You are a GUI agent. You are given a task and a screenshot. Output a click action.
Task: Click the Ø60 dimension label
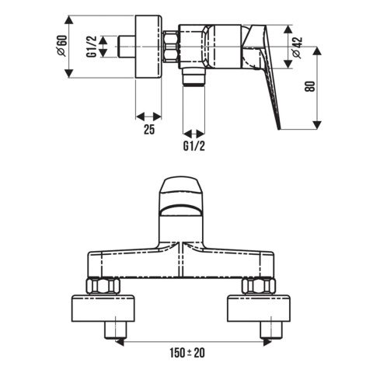62,45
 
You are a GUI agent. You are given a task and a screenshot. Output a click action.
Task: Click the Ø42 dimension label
297,47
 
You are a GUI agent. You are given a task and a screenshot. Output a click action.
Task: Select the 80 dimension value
310,86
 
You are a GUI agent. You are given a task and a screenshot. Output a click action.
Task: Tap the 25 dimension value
149,129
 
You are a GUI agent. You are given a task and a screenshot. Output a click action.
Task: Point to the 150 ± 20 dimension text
187,353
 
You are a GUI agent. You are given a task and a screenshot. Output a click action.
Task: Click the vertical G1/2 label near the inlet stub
92,47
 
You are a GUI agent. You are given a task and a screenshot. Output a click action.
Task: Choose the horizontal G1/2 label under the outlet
194,146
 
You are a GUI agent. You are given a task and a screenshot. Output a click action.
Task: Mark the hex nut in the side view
171,47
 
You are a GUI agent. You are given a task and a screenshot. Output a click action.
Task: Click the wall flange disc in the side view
148,47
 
